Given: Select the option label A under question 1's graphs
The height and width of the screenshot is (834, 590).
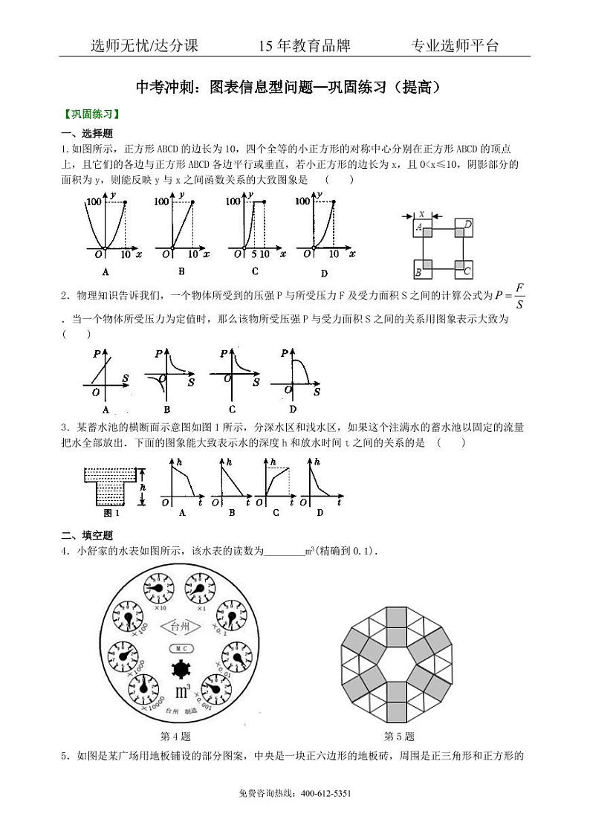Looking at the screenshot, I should coord(106,271).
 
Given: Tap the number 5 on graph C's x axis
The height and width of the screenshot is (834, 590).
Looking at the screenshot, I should coord(253,254).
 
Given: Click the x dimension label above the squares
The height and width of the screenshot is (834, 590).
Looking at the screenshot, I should coord(421,213).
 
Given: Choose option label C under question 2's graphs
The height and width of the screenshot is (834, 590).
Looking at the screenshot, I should coord(233,409).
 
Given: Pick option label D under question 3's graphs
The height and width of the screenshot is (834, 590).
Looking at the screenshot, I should coord(320,512).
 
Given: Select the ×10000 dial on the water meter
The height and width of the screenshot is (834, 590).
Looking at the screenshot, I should coord(144,687).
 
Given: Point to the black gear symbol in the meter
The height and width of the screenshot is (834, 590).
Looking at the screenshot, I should coord(181,668).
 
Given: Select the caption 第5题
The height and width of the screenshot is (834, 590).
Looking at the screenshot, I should coord(398,737).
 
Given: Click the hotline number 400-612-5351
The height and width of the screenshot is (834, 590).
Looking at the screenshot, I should coord(325,793).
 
